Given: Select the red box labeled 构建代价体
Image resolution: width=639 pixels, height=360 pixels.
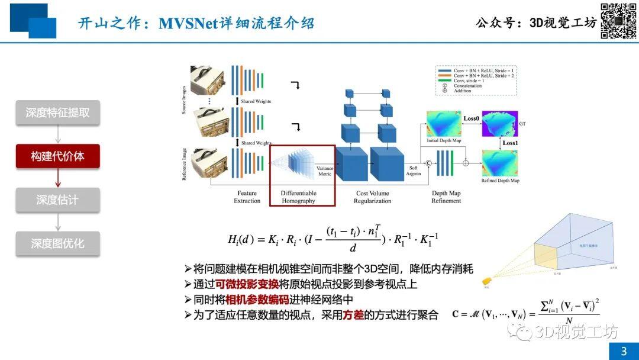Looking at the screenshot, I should point(57,156).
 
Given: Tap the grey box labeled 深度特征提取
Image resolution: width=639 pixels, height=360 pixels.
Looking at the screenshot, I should point(57,112).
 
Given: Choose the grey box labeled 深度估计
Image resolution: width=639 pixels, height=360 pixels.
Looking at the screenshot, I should point(57,200).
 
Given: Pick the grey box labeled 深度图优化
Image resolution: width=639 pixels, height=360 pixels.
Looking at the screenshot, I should point(57,243).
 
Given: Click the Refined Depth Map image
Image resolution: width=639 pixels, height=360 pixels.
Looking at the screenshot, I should point(500,163).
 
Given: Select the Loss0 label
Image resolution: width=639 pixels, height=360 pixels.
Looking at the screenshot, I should point(471,118).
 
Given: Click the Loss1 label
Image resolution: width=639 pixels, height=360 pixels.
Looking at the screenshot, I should point(509,143).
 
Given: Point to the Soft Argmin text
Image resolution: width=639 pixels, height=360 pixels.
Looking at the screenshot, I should point(413,170).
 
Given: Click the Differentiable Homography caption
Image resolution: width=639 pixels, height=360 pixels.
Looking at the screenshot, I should point(298,197).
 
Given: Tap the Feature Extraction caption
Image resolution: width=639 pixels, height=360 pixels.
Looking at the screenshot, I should point(247,197).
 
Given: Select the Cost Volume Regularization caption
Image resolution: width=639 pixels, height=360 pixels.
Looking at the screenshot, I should point(373,197).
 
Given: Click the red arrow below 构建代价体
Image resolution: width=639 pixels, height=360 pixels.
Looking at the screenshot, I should point(57,177).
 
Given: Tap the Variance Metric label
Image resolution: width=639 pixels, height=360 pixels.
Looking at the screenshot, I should point(325,171).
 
